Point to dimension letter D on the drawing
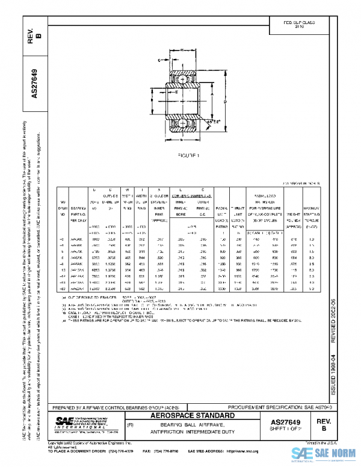click(226, 102)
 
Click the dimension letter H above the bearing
click(182, 50)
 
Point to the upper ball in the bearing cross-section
click(182, 79)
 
